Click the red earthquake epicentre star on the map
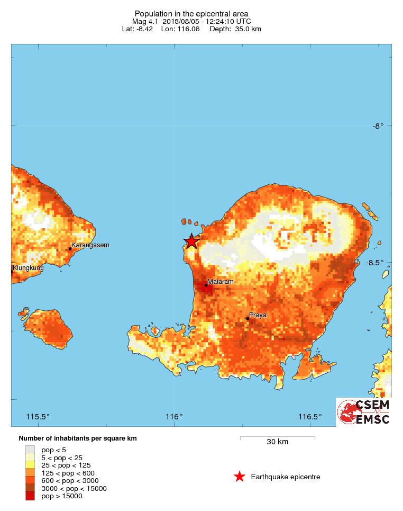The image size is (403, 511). (191, 241)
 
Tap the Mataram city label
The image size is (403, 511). (220, 282)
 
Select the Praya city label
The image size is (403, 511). (258, 315)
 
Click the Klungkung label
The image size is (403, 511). (28, 268)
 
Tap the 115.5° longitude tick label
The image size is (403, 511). (38, 416)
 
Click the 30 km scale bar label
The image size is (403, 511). (277, 442)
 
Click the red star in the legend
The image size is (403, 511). (240, 477)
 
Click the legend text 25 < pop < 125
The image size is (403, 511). (62, 465)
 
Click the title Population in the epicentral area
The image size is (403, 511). (191, 13)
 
